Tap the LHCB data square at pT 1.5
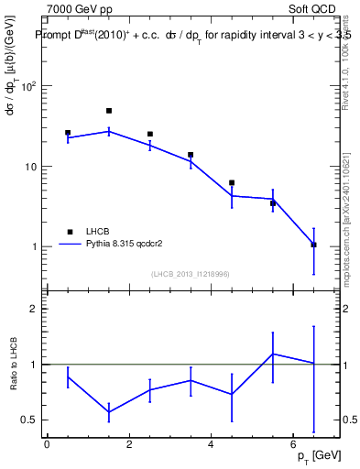click(x=109, y=111)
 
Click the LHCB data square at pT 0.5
click(x=68, y=133)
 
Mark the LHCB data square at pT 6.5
click(x=313, y=245)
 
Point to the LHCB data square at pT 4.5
click(x=232, y=183)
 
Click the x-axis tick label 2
click(x=129, y=445)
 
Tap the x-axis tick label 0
click(x=47, y=445)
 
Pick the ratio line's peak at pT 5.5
click(x=272, y=354)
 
